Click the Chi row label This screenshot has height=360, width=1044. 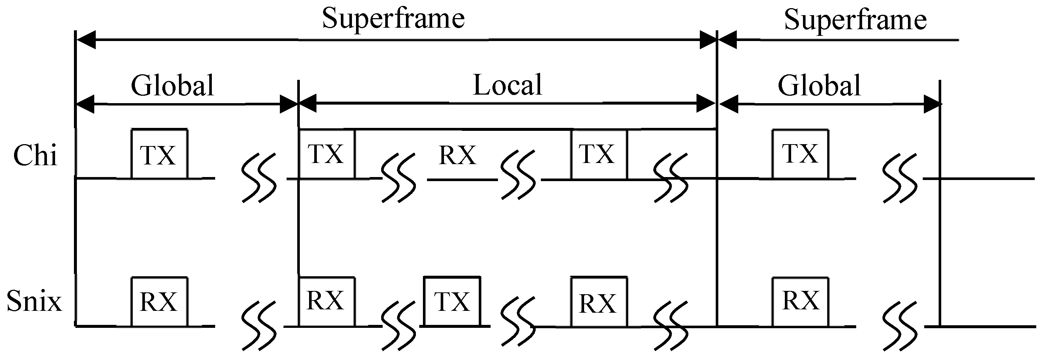[x=35, y=155]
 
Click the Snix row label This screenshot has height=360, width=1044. [x=34, y=302]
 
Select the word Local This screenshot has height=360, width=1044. [x=508, y=85]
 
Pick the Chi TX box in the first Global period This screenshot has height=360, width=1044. [x=159, y=154]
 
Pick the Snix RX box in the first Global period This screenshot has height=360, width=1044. [x=159, y=302]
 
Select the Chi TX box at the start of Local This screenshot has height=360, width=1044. [x=326, y=154]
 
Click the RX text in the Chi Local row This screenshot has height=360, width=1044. [x=457, y=155]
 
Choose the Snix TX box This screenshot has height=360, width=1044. [x=452, y=302]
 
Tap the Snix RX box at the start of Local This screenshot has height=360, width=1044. [x=326, y=301]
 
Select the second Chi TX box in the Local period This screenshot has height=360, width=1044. [x=599, y=154]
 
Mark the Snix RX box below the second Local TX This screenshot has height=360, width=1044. [x=599, y=302]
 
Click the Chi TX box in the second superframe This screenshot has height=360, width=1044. [x=800, y=154]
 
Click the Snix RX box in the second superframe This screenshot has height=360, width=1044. [x=800, y=301]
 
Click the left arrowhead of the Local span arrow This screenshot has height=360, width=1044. [x=307, y=104]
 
